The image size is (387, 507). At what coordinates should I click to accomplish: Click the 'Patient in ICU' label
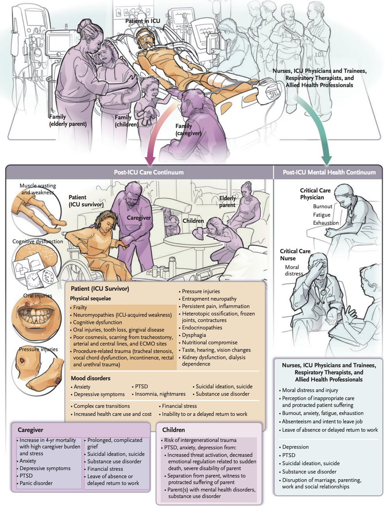tap(143, 20)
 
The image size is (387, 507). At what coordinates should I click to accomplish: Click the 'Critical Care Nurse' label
tap(295, 255)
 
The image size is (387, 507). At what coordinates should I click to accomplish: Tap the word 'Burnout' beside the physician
tap(323, 207)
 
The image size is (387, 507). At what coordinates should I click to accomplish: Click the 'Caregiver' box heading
tap(30, 430)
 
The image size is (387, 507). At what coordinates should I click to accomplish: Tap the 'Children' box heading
tap(173, 430)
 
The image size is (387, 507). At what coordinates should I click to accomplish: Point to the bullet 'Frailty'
tap(81, 308)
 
